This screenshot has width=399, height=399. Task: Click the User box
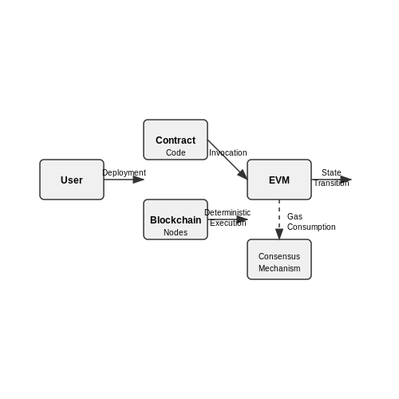72,180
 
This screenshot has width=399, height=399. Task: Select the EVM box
279,180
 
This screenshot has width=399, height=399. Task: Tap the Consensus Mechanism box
279,259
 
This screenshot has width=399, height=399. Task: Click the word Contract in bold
176,140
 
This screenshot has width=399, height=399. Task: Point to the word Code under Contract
176,152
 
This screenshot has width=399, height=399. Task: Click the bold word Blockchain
176,220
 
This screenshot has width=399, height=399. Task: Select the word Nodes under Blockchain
176,232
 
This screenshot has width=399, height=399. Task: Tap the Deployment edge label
124,173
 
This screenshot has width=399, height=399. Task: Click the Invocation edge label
228,152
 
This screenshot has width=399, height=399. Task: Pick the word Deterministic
227,212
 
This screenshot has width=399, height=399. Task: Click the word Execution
228,223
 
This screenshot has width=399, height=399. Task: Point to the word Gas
294,216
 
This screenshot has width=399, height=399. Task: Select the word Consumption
311,227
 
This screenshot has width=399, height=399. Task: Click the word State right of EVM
331,172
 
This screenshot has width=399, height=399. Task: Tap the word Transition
331,183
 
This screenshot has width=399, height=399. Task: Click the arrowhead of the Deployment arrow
139,180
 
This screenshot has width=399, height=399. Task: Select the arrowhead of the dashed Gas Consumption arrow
279,234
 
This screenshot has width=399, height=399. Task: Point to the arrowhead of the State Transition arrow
346,180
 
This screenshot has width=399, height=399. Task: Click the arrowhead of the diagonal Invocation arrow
243,175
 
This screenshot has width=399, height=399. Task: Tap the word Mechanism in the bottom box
279,268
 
